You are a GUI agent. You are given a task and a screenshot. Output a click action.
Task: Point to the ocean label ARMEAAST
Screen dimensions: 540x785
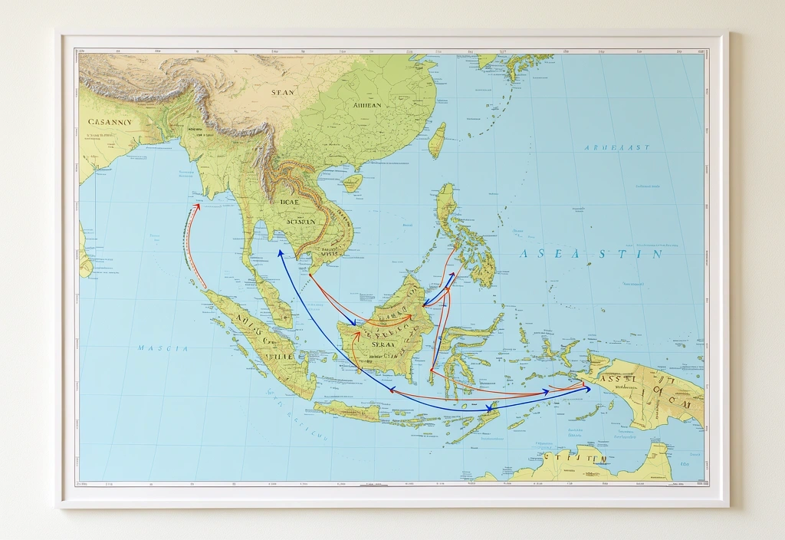pyautogui.click(x=616, y=147)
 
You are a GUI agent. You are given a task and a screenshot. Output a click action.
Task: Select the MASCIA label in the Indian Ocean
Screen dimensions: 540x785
pyautogui.click(x=163, y=348)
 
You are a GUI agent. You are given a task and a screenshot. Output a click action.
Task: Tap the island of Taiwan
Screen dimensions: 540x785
pyautogui.click(x=437, y=140)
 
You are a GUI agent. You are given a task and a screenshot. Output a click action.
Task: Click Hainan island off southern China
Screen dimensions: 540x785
pyautogui.click(x=352, y=183)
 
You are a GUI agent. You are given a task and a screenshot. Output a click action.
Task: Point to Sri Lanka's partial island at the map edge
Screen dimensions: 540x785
pyautogui.click(x=84, y=255)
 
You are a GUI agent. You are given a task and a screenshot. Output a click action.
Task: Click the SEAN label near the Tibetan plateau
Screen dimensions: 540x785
pyautogui.click(x=282, y=92)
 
